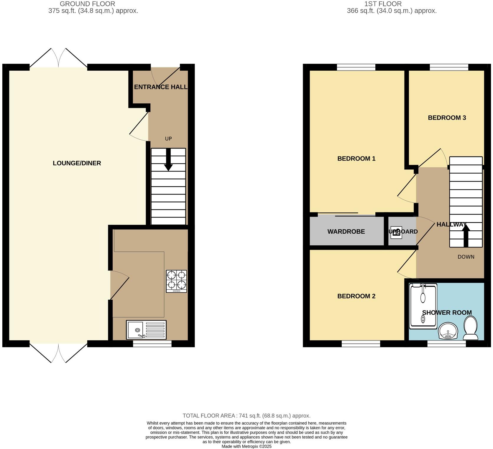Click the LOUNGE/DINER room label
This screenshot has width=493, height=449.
(77, 163)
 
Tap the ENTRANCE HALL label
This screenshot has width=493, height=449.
(161, 87)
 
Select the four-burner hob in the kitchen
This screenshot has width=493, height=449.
(176, 281)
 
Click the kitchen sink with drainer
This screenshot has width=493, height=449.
(146, 330)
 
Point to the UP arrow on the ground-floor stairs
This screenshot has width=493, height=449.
(168, 159)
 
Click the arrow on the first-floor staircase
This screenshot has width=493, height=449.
(466, 235)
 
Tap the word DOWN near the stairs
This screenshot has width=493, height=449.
(466, 257)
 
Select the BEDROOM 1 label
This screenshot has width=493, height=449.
(356, 159)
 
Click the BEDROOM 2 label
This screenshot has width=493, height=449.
(356, 296)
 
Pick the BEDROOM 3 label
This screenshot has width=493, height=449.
(447, 118)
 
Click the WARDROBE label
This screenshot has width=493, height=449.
(346, 232)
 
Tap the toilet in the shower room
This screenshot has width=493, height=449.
(471, 328)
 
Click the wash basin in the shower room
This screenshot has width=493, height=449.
(448, 331)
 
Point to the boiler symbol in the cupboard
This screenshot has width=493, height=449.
(396, 232)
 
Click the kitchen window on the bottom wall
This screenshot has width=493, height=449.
(152, 344)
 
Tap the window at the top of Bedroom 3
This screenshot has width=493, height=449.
(449, 67)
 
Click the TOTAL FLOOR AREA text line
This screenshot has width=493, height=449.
(246, 416)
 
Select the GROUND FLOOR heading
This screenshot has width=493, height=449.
(87, 4)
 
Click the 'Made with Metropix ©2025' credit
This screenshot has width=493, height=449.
(246, 446)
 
